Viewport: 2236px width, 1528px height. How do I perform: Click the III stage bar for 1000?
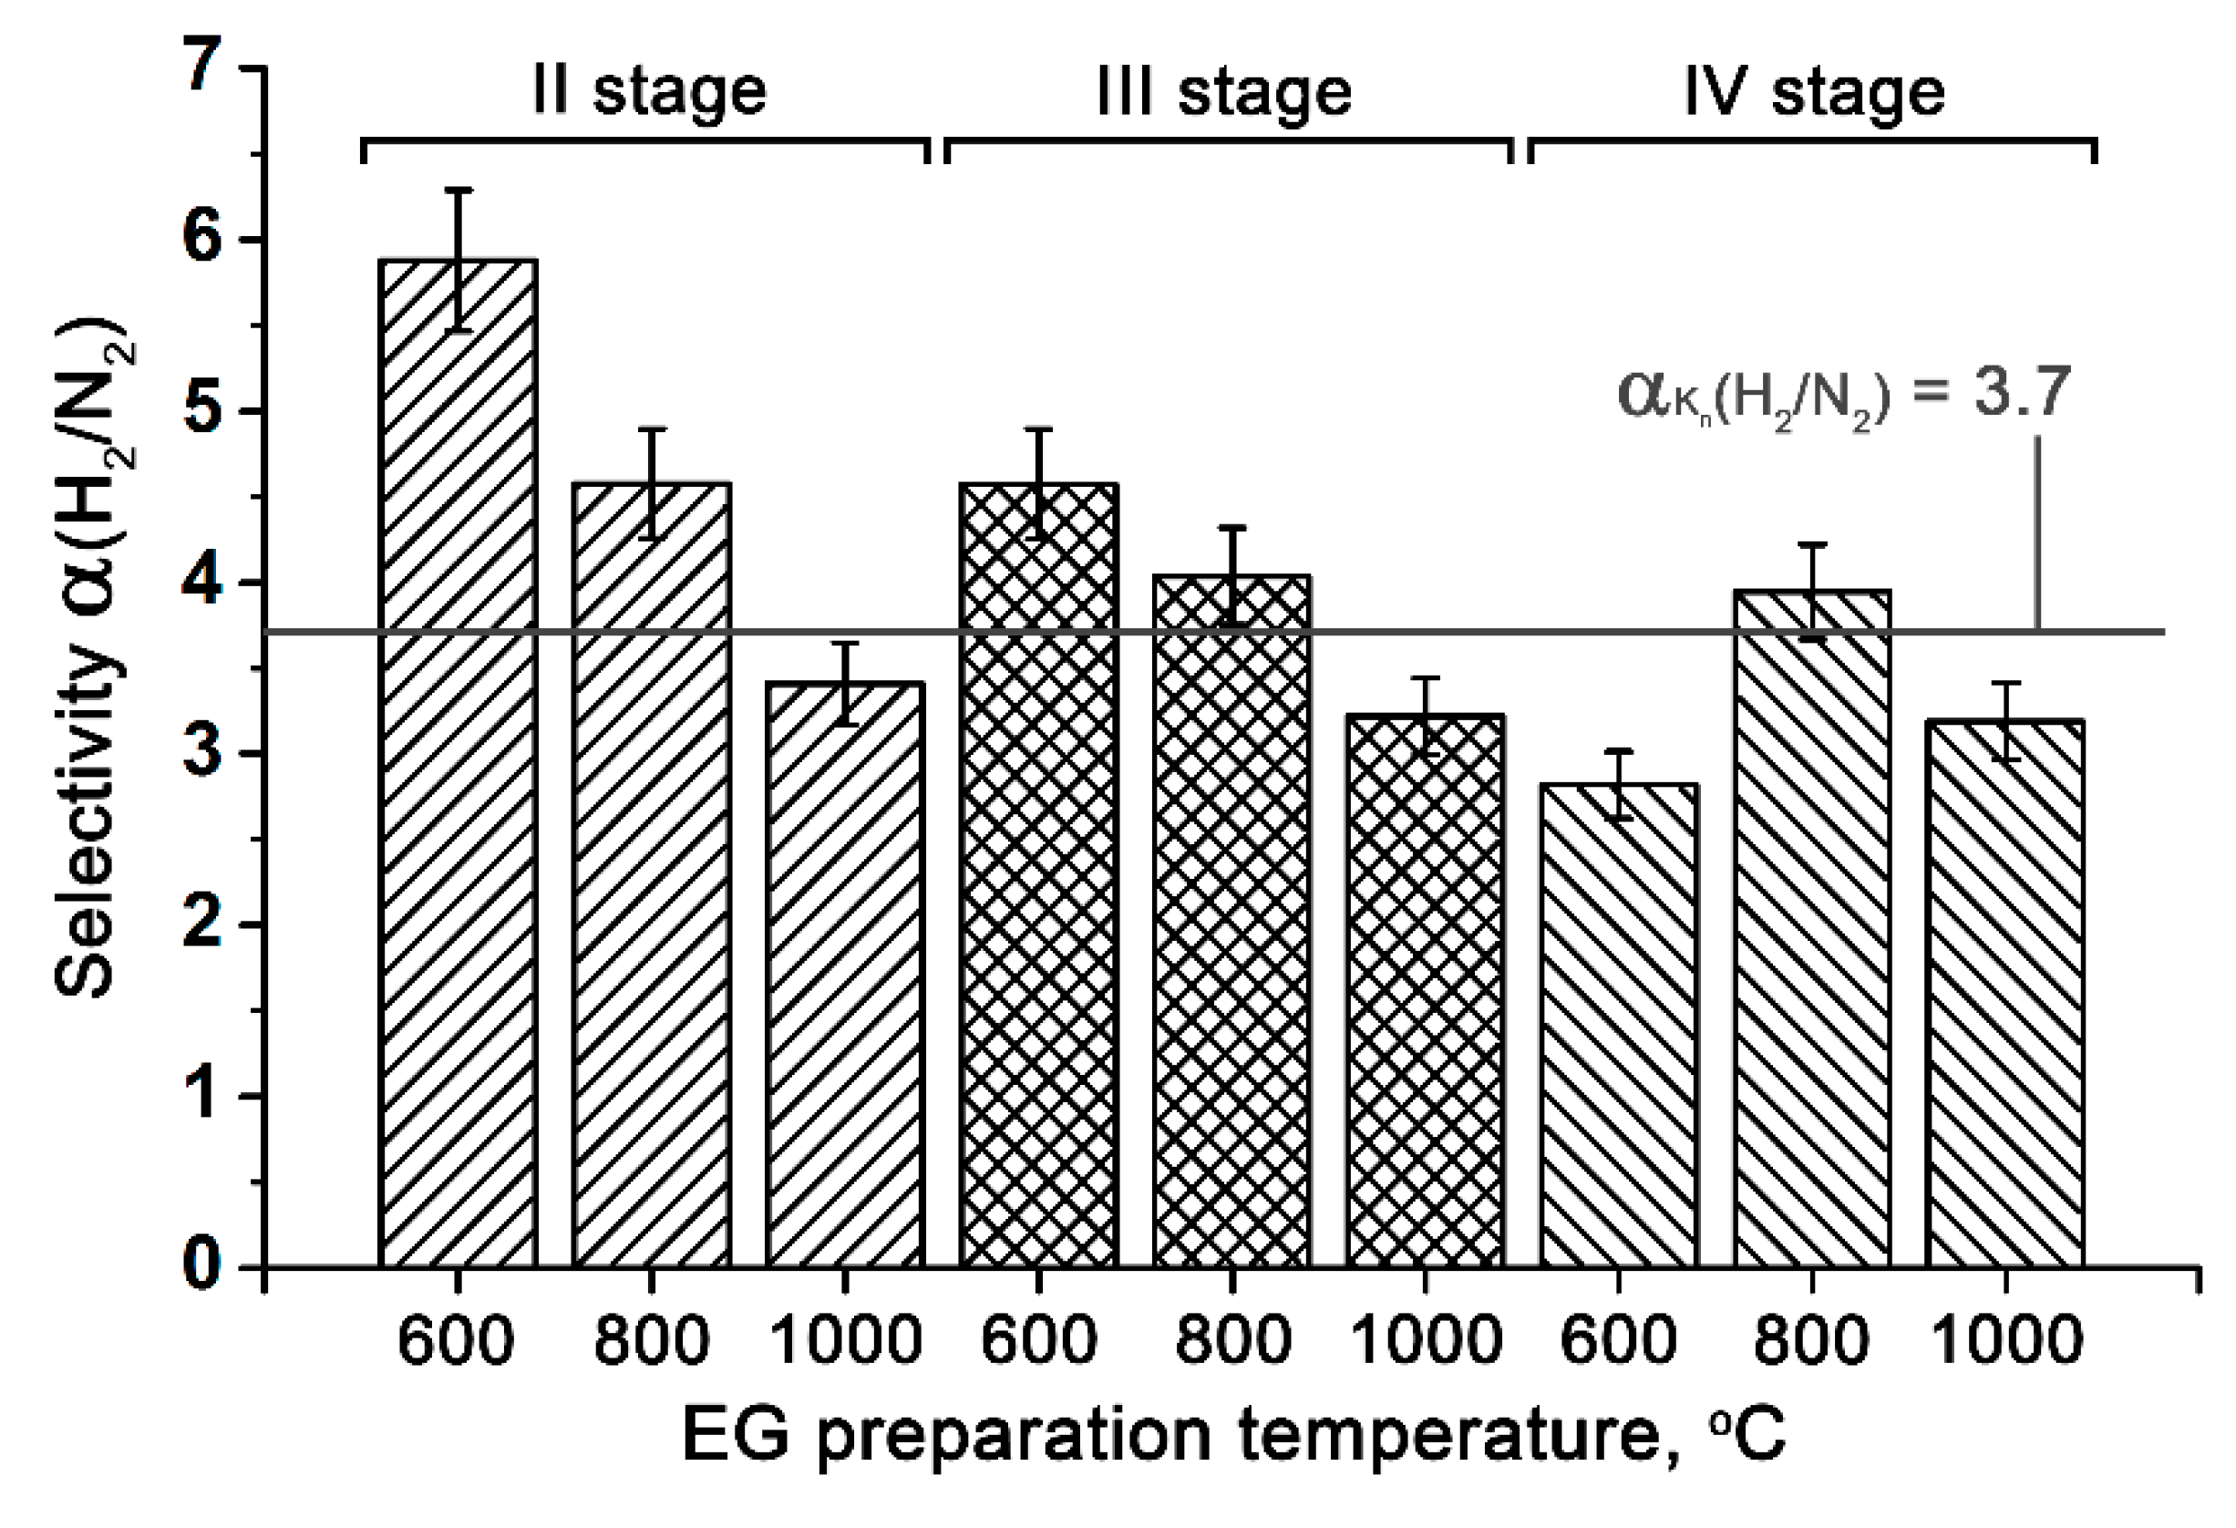click(x=1426, y=990)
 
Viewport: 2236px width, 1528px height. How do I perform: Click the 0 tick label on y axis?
click(x=204, y=1266)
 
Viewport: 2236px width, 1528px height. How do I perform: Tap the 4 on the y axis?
click(x=204, y=583)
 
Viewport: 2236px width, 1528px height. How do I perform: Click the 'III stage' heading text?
click(x=1224, y=92)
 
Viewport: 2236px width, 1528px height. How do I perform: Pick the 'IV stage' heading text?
click(x=1815, y=92)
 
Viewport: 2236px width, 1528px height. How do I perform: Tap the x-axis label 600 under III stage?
click(x=1038, y=1339)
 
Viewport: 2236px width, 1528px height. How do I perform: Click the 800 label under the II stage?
click(x=652, y=1339)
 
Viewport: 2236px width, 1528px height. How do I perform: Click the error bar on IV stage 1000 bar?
click(x=2006, y=721)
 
